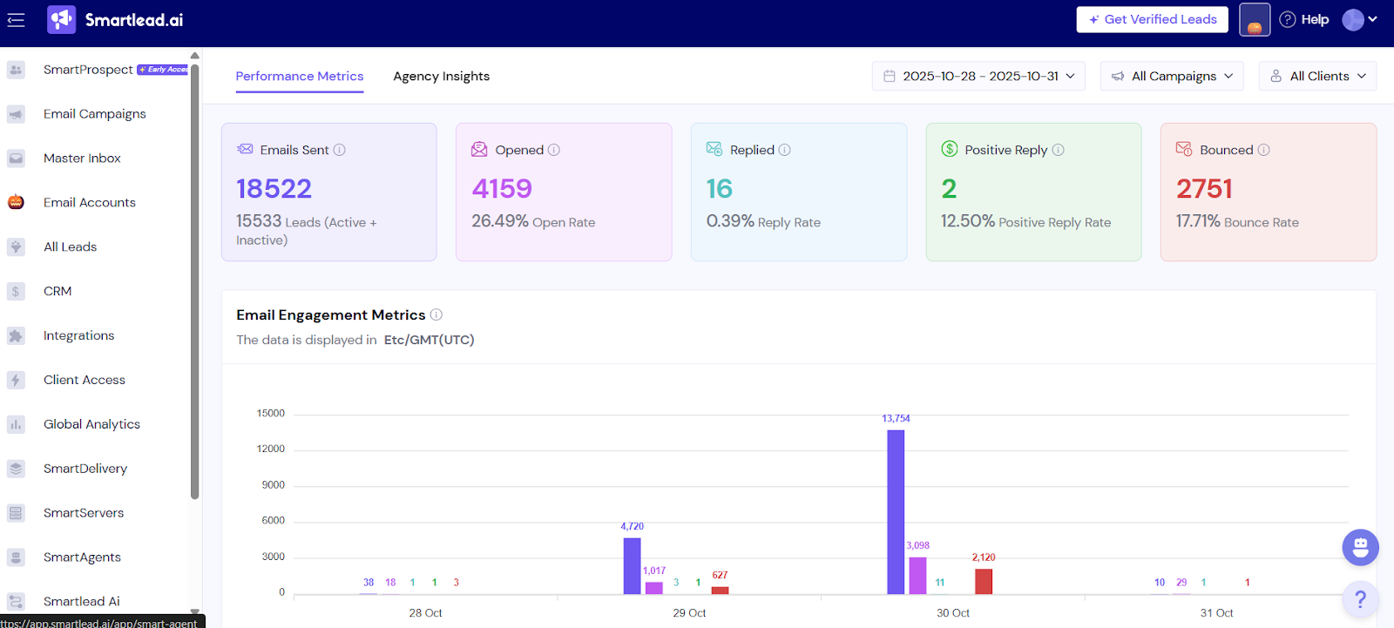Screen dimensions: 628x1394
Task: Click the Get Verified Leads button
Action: (1152, 19)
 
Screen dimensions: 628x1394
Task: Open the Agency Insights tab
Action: (441, 76)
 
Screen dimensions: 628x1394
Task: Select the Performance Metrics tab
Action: (299, 76)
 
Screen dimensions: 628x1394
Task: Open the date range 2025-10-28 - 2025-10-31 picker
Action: (978, 76)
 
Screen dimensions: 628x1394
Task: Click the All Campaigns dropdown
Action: (1173, 76)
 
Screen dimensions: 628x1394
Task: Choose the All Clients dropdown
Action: (1317, 76)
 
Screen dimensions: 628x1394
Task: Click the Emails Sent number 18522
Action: (274, 188)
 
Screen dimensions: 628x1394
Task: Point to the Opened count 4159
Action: (502, 188)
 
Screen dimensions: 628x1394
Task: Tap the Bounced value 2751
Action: (1204, 188)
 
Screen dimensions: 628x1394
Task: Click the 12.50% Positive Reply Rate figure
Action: (967, 221)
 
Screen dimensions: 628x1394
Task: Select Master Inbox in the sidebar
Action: (82, 158)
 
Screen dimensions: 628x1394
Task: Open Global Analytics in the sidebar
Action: (91, 424)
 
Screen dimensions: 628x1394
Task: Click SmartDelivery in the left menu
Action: (85, 469)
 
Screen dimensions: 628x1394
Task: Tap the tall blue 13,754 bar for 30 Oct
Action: (896, 514)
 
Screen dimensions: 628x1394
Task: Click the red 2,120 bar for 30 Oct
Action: (984, 581)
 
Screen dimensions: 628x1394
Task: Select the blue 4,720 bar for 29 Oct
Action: (632, 566)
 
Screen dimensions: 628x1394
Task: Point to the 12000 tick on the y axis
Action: (271, 449)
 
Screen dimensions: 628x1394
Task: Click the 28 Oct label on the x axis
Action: (425, 613)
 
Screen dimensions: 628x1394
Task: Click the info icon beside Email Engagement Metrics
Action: (436, 314)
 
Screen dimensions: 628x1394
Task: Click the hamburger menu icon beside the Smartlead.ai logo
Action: (16, 19)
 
